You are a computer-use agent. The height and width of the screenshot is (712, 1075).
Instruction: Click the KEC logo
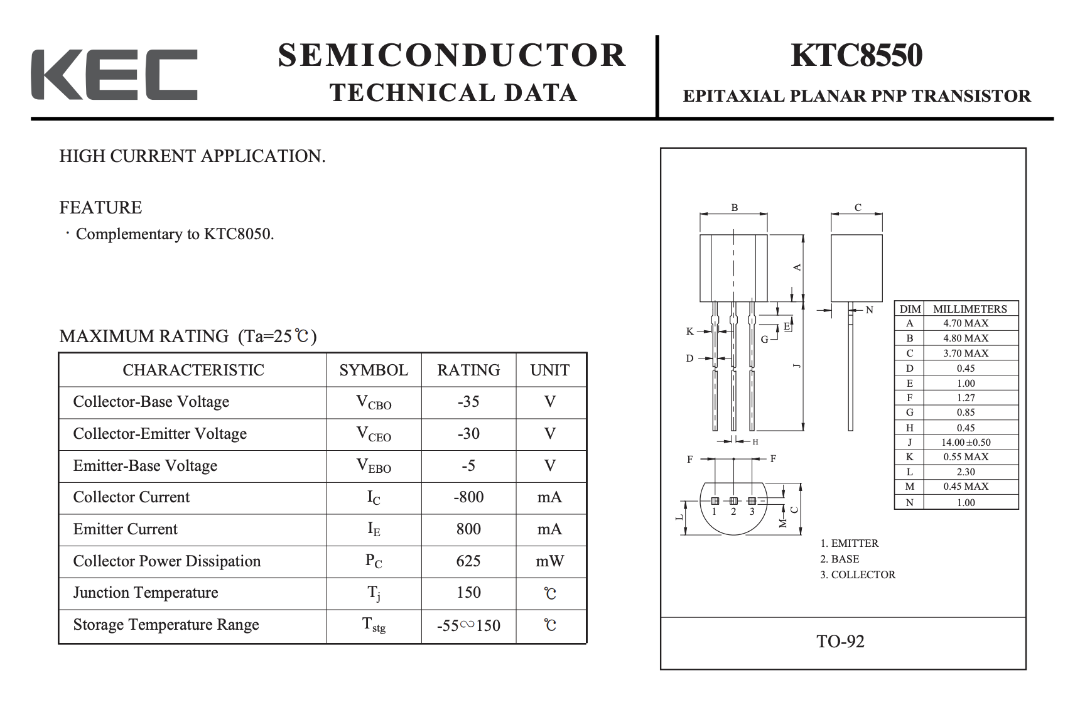click(x=114, y=74)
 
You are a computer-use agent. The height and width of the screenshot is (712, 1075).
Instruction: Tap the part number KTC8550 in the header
click(x=856, y=55)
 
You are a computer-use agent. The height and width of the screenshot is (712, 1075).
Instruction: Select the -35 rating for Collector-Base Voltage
click(x=468, y=402)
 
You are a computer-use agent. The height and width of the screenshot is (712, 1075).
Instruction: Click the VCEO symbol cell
click(x=374, y=434)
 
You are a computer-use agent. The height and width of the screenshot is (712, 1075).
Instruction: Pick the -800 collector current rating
click(x=468, y=497)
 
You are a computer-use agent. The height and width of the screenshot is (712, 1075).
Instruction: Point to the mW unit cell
click(x=550, y=561)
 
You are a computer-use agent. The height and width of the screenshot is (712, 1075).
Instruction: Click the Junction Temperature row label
click(x=146, y=593)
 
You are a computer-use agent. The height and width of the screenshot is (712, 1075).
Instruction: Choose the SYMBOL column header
click(x=374, y=370)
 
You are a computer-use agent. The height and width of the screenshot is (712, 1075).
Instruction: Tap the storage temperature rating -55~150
click(x=468, y=625)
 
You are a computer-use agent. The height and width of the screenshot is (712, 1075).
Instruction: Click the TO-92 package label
click(x=840, y=642)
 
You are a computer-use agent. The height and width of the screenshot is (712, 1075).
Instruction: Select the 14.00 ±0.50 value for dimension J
click(x=966, y=443)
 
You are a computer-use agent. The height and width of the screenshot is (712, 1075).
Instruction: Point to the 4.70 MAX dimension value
click(x=966, y=323)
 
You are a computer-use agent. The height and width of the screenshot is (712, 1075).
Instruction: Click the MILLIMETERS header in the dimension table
click(x=970, y=309)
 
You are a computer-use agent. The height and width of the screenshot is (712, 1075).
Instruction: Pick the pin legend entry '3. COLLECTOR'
click(x=858, y=574)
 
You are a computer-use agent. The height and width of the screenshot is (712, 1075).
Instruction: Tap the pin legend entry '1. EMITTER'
click(x=850, y=544)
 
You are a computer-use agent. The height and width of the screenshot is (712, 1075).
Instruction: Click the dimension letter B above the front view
click(x=734, y=208)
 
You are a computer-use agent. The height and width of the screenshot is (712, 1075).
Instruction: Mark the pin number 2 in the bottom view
click(x=733, y=512)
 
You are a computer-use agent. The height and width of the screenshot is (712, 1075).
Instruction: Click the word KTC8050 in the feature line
click(x=239, y=234)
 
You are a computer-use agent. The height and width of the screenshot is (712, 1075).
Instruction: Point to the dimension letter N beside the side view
click(x=869, y=310)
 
